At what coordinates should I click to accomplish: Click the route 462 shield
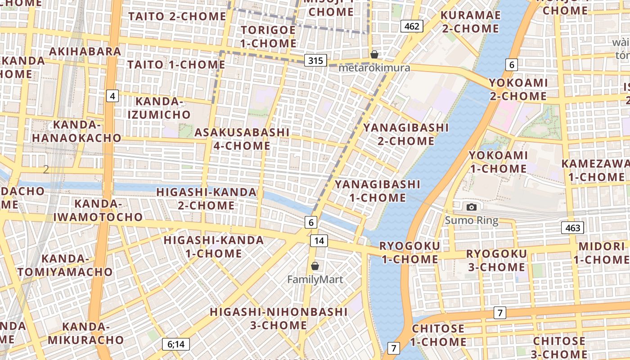[x=412, y=26]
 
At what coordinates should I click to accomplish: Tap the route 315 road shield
[x=315, y=60]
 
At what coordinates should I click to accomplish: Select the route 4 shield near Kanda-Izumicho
[x=112, y=95]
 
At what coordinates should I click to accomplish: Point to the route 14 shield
[x=319, y=240]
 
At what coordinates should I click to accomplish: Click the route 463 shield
[x=572, y=228]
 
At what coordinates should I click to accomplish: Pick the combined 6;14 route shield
[x=176, y=345]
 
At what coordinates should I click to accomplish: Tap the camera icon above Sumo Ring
[x=472, y=207]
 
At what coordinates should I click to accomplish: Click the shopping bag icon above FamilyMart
[x=315, y=266]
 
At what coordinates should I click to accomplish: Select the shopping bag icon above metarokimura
[x=374, y=55]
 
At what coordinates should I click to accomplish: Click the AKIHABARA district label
[x=85, y=51]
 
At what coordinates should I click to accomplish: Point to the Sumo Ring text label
[x=472, y=220]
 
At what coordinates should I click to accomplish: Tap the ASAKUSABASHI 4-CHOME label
[x=242, y=139]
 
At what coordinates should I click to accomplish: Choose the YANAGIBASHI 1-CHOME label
[x=378, y=191]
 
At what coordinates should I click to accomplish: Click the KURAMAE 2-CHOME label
[x=470, y=22]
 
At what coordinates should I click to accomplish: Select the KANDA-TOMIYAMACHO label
[x=65, y=265]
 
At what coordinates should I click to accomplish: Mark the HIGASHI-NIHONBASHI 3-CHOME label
[x=279, y=318]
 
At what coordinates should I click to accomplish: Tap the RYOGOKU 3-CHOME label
[x=496, y=261]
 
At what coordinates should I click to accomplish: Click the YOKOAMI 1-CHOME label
[x=498, y=162]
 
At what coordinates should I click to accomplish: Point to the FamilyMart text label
[x=315, y=279]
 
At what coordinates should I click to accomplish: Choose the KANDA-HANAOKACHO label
[x=76, y=131]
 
